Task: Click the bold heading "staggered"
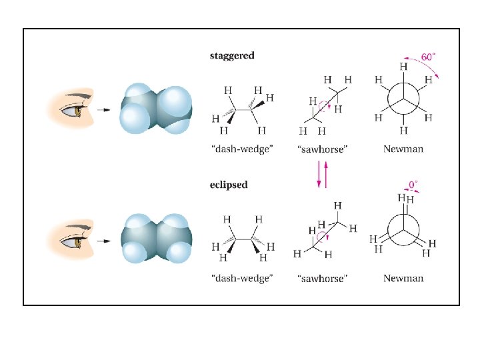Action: (x=232, y=55)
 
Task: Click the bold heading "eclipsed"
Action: (x=229, y=185)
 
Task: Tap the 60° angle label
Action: (x=427, y=57)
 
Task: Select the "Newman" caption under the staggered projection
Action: (x=403, y=149)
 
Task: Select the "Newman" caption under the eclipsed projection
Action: (x=403, y=278)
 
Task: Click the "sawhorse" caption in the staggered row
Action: (x=322, y=149)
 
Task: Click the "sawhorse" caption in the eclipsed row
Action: (x=322, y=278)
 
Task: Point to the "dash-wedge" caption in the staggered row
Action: (x=241, y=149)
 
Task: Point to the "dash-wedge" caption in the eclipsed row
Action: (x=241, y=278)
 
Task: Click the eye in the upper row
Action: (x=78, y=110)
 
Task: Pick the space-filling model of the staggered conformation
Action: (x=155, y=109)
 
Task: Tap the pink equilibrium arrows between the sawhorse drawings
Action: (x=322, y=175)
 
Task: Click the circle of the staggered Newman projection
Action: (x=403, y=100)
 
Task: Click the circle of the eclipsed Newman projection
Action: (x=403, y=229)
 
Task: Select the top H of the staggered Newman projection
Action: (x=403, y=67)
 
